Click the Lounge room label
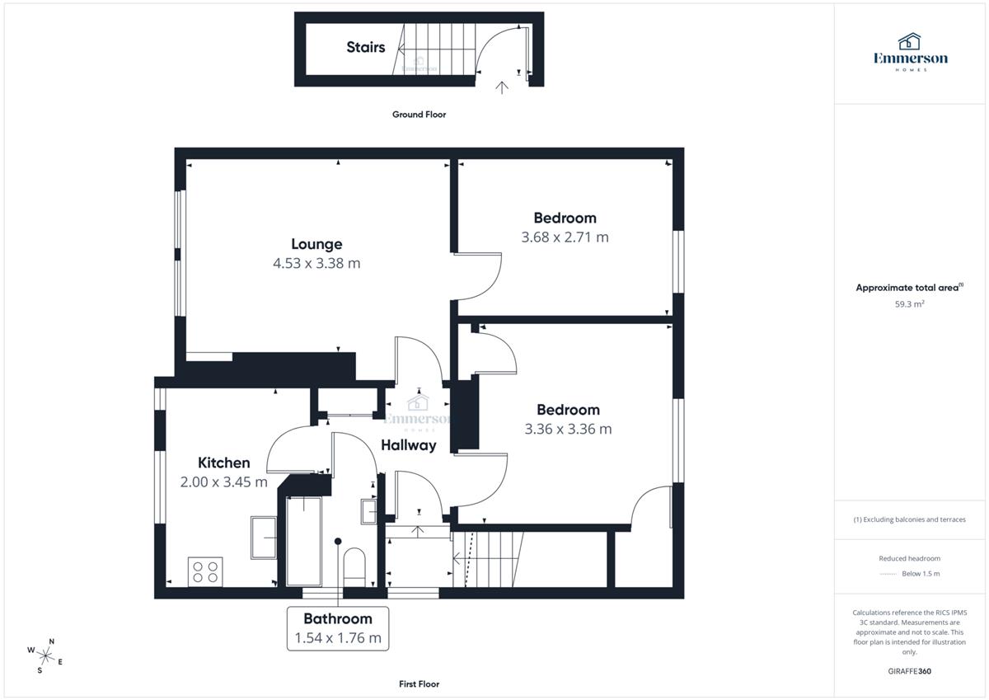coord(316,244)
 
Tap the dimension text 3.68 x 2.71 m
coord(565,237)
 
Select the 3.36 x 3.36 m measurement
coord(568,429)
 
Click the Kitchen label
coord(224,463)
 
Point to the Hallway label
coord(409,445)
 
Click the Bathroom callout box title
coord(338,618)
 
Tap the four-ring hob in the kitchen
coord(205,572)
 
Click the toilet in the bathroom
coord(354,567)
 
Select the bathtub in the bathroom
coord(304,541)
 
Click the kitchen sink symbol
coord(264,538)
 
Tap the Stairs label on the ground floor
coord(366,47)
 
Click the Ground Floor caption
coord(419,115)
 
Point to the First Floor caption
coord(419,684)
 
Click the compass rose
coord(45,656)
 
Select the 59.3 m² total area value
coord(910,304)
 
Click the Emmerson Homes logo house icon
coord(910,41)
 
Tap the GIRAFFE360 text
coord(910,671)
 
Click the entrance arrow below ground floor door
coord(502,88)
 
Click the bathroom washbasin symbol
coord(368,512)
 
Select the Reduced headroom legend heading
coord(910,558)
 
